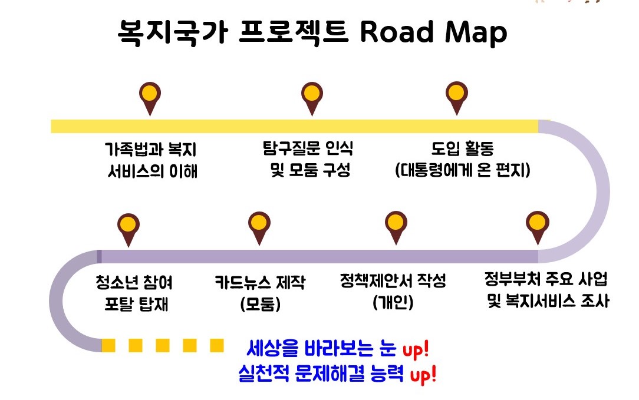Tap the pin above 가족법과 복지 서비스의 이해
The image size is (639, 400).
tap(150, 95)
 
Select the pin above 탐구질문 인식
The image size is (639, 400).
tap(312, 95)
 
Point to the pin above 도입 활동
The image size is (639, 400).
tap(456, 95)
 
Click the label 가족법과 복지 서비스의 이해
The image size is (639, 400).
tap(151, 159)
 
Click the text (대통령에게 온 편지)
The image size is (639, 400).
tap(463, 171)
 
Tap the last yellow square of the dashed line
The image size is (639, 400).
tap(217, 345)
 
